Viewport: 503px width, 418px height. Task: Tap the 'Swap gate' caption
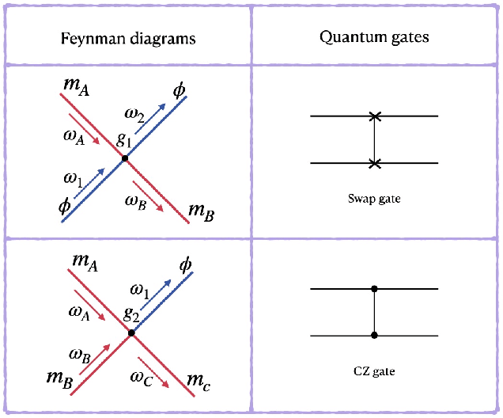point(374,198)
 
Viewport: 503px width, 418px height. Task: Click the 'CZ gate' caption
point(374,370)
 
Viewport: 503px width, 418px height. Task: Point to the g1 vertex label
point(124,141)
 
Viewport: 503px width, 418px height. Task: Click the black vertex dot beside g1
point(124,158)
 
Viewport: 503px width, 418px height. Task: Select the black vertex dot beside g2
point(131,332)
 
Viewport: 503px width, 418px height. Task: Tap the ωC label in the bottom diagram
point(142,376)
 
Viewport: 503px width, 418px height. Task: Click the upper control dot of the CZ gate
point(374,289)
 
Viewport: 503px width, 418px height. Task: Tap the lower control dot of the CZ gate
point(374,336)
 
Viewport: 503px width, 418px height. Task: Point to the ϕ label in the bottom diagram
point(186,263)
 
